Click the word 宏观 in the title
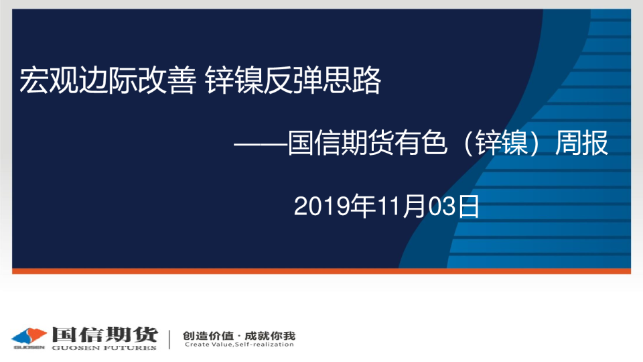point(48,80)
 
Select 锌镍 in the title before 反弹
point(233,80)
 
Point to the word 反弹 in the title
point(293,80)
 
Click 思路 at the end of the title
point(352,80)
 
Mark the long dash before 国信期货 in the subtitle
point(261,144)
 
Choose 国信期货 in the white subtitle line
point(341,143)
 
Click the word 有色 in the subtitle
point(421,143)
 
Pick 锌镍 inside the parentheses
point(502,143)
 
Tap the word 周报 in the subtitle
point(581,143)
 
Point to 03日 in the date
point(454,206)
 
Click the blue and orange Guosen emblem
point(29,337)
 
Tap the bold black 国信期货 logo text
point(104,335)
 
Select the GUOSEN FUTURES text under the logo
point(104,348)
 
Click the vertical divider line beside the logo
point(169,339)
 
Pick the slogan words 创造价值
point(208,336)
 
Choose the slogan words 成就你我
point(270,336)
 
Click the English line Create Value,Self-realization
point(239,345)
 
